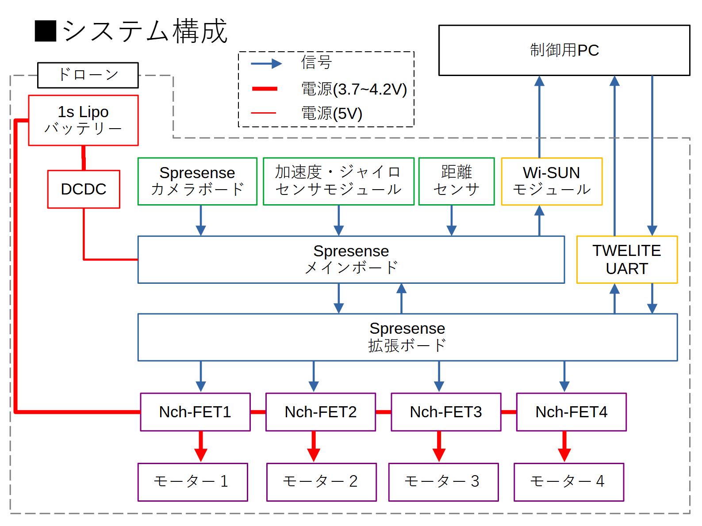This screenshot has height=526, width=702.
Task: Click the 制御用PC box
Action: (564, 50)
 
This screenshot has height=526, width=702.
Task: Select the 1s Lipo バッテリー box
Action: (83, 120)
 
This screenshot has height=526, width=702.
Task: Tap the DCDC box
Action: (84, 189)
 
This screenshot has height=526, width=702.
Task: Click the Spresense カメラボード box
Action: (197, 181)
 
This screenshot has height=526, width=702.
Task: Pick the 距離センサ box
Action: (456, 181)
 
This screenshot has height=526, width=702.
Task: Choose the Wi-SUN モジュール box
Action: (552, 181)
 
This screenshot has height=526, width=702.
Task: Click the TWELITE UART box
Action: (627, 259)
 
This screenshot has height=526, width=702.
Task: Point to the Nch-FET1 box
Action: (195, 412)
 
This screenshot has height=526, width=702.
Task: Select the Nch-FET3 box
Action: (446, 412)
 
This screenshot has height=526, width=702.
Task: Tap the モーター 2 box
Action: (321, 482)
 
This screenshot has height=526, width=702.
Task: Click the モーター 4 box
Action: (568, 482)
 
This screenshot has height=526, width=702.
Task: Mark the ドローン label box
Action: (88, 75)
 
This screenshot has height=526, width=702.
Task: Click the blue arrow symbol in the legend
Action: (266, 64)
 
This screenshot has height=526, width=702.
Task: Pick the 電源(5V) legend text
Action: (332, 114)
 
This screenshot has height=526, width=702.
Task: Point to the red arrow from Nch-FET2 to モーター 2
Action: (314, 446)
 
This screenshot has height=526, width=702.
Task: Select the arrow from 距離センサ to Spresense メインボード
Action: (451, 220)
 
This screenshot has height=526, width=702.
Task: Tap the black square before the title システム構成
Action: (46, 31)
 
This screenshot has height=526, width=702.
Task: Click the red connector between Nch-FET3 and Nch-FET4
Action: (509, 412)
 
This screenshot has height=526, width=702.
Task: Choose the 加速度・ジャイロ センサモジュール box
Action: (338, 181)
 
